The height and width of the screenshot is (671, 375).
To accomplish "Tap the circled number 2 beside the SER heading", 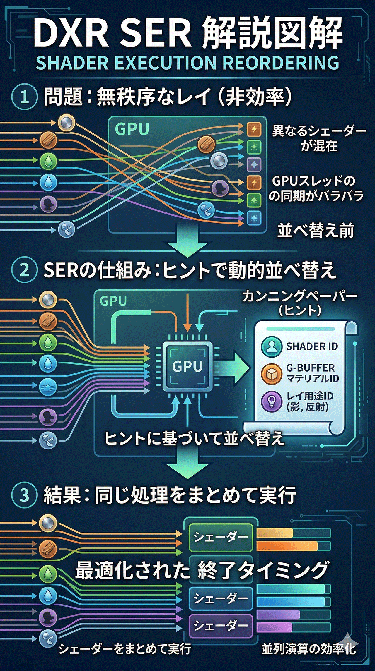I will (x=24, y=270).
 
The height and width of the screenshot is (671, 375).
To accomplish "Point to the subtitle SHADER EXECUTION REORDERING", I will (x=187, y=63).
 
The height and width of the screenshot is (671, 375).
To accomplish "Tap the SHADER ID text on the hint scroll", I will (x=312, y=347).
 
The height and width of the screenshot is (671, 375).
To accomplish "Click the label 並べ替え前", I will (x=316, y=231).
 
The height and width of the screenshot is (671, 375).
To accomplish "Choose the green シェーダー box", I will (x=221, y=537).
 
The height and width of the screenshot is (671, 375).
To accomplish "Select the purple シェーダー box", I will (x=221, y=626).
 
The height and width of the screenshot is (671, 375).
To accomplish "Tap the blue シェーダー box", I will (x=221, y=598).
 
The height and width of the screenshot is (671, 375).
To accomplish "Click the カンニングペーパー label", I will (x=300, y=296).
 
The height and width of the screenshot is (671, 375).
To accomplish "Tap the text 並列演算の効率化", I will (x=308, y=649).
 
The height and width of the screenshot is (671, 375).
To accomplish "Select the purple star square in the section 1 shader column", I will (x=254, y=165).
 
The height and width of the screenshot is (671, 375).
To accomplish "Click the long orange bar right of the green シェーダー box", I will (x=287, y=546).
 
